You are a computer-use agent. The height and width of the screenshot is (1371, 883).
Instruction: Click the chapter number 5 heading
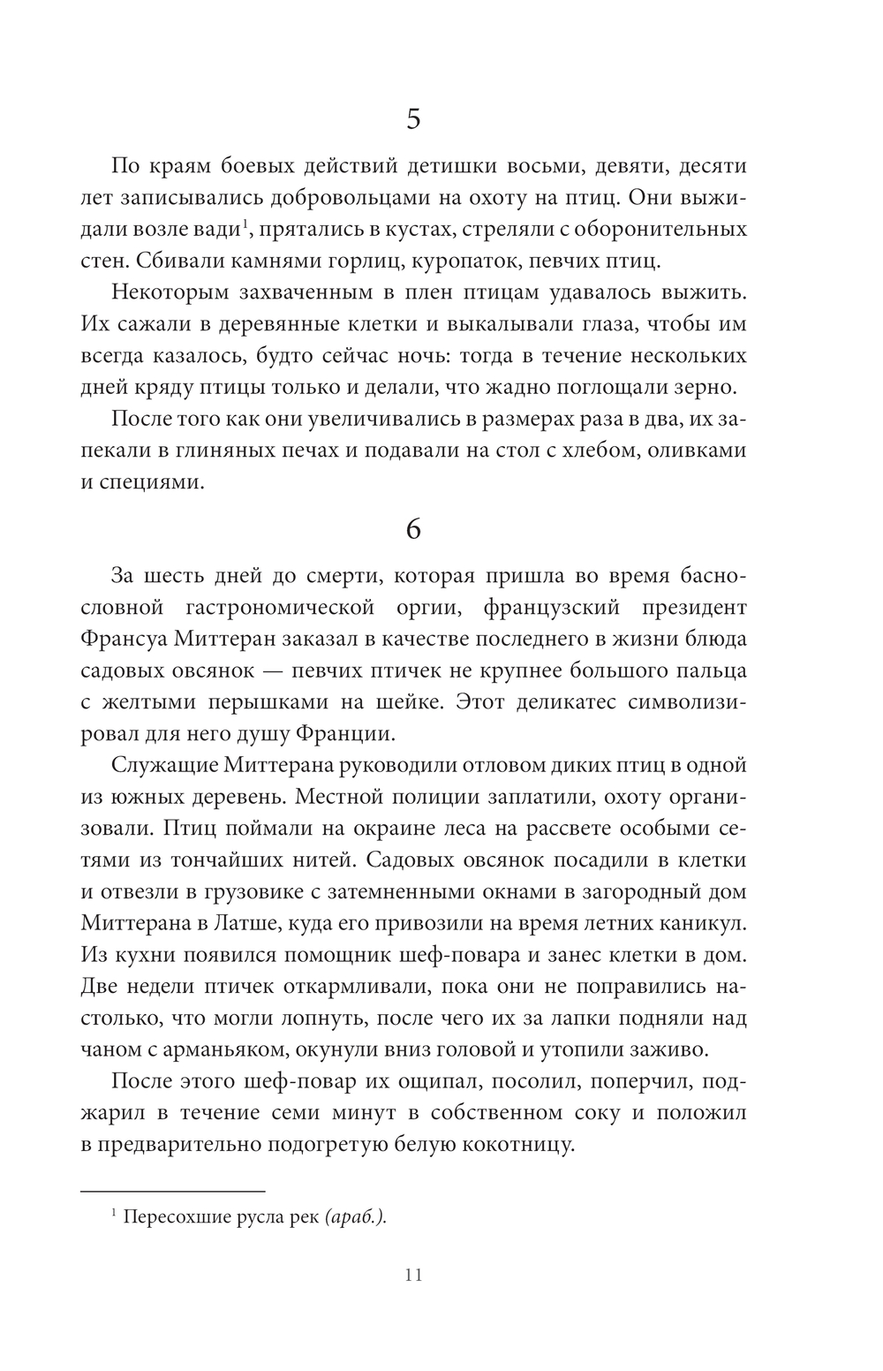(413, 119)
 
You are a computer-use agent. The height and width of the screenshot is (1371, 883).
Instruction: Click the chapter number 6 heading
(413, 528)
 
